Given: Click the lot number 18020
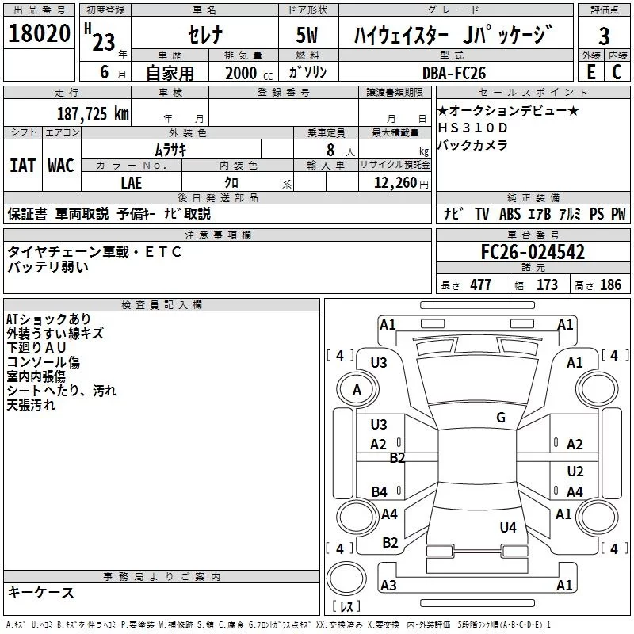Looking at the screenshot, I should coord(39,36).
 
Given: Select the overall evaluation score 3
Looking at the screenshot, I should coord(604,36).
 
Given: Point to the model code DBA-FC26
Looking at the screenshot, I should coord(454,73).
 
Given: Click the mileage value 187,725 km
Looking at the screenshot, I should coord(93,113).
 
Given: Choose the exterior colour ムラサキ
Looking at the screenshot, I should coord(170,149).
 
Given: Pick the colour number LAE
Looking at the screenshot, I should coord(131,182).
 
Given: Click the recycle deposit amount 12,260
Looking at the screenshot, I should coord(395,182).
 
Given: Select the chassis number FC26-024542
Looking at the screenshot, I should coord(533,253).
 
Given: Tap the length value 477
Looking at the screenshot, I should coord(479,285).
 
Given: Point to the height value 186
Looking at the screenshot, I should coord(610,285).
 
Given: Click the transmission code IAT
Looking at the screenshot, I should coord(22,166).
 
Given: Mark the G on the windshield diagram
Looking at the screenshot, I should coord(501,418).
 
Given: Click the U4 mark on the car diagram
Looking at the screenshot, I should coord(508,527).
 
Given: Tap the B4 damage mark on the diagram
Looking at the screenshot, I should coord(380,492).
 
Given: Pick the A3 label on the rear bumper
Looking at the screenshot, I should coord(388,586).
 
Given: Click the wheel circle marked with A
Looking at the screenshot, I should coord(357,390).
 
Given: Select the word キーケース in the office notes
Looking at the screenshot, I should coord(40,592).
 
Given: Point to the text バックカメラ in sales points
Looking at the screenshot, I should coord(472,145).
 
